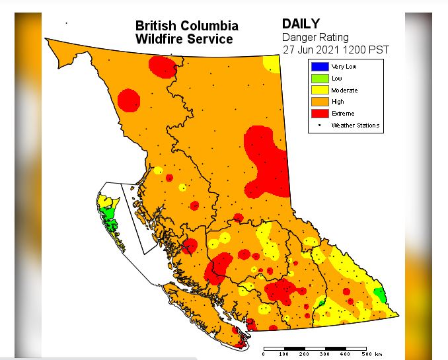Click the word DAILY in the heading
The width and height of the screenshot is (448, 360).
301,24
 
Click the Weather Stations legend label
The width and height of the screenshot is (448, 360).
355,125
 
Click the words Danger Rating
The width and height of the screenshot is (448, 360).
315,38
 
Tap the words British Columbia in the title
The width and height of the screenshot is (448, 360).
187,26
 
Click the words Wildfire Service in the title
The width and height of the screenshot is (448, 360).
184,39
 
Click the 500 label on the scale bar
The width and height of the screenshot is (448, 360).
365,355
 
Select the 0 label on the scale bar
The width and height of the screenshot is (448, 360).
264,355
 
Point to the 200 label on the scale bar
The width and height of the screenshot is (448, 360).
305,355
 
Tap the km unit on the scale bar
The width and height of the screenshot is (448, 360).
379,355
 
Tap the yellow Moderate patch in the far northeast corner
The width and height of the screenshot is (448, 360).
271,64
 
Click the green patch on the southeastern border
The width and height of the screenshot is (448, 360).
379,293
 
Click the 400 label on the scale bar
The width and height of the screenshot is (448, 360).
345,355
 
